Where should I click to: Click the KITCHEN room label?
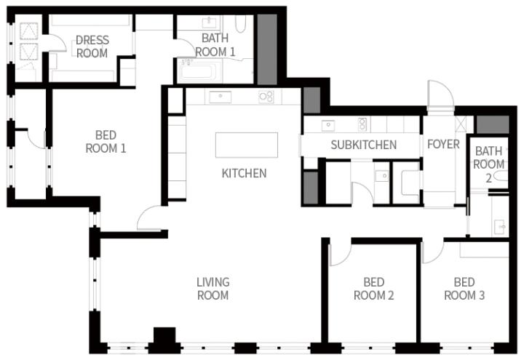pyautogui.click(x=244, y=173)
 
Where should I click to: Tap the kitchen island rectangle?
pyautogui.click(x=247, y=145)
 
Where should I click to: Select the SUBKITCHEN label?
pyautogui.click(x=364, y=145)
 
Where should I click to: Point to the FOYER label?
pyautogui.click(x=443, y=144)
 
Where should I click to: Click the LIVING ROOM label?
pyautogui.click(x=213, y=289)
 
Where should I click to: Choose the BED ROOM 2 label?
pyautogui.click(x=373, y=289)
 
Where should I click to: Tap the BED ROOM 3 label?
pyautogui.click(x=464, y=289)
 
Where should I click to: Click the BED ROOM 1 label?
pyautogui.click(x=106, y=142)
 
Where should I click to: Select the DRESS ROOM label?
pyautogui.click(x=92, y=47)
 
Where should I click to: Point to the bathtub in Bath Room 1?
pyautogui.click(x=199, y=71)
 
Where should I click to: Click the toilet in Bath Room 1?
pyautogui.click(x=240, y=24)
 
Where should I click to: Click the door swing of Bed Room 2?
pyautogui.click(x=340, y=255)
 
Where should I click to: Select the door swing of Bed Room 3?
pyautogui.click(x=432, y=252)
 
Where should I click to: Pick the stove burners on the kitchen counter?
pyautogui.click(x=266, y=97)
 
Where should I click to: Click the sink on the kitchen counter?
pyautogui.click(x=220, y=97)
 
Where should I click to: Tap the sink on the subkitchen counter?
pyautogui.click(x=328, y=125)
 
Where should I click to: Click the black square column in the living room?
pyautogui.click(x=164, y=335)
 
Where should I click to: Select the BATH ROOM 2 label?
pyautogui.click(x=488, y=164)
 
